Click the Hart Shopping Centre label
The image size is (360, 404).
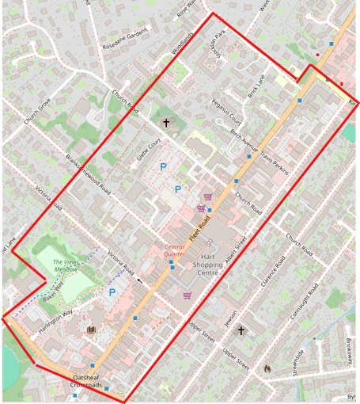(x=207, y=265)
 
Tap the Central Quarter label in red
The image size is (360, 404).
(x=175, y=250)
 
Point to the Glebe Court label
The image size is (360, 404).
(x=148, y=148)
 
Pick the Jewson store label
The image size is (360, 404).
(x=230, y=317)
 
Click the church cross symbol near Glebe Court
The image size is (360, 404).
(x=166, y=123)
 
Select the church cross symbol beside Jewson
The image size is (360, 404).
(x=241, y=331)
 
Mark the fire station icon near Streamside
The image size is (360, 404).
(x=267, y=368)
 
